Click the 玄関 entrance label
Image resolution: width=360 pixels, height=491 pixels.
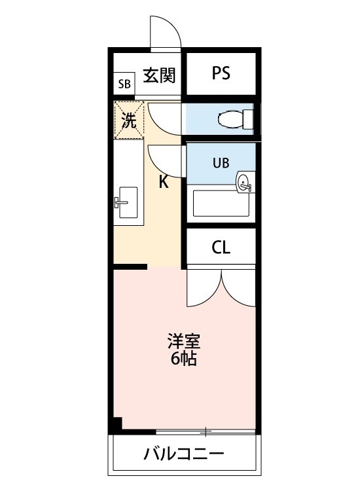pyautogui.click(x=159, y=75)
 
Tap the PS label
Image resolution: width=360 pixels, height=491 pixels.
pyautogui.click(x=221, y=74)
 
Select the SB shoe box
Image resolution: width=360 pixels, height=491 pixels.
pyautogui.click(x=124, y=84)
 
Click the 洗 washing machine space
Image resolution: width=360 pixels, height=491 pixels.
pyautogui.click(x=130, y=120)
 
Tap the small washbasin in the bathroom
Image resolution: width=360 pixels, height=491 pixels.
pyautogui.click(x=244, y=183)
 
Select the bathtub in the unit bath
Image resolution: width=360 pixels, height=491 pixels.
pyautogui.click(x=221, y=204)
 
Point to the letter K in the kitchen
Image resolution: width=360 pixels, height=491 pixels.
pyautogui.click(x=164, y=182)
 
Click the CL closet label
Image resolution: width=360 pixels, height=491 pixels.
pyautogui.click(x=221, y=247)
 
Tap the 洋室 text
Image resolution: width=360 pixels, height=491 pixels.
pyautogui.click(x=183, y=341)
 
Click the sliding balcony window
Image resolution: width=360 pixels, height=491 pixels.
pyautogui.click(x=206, y=431)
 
